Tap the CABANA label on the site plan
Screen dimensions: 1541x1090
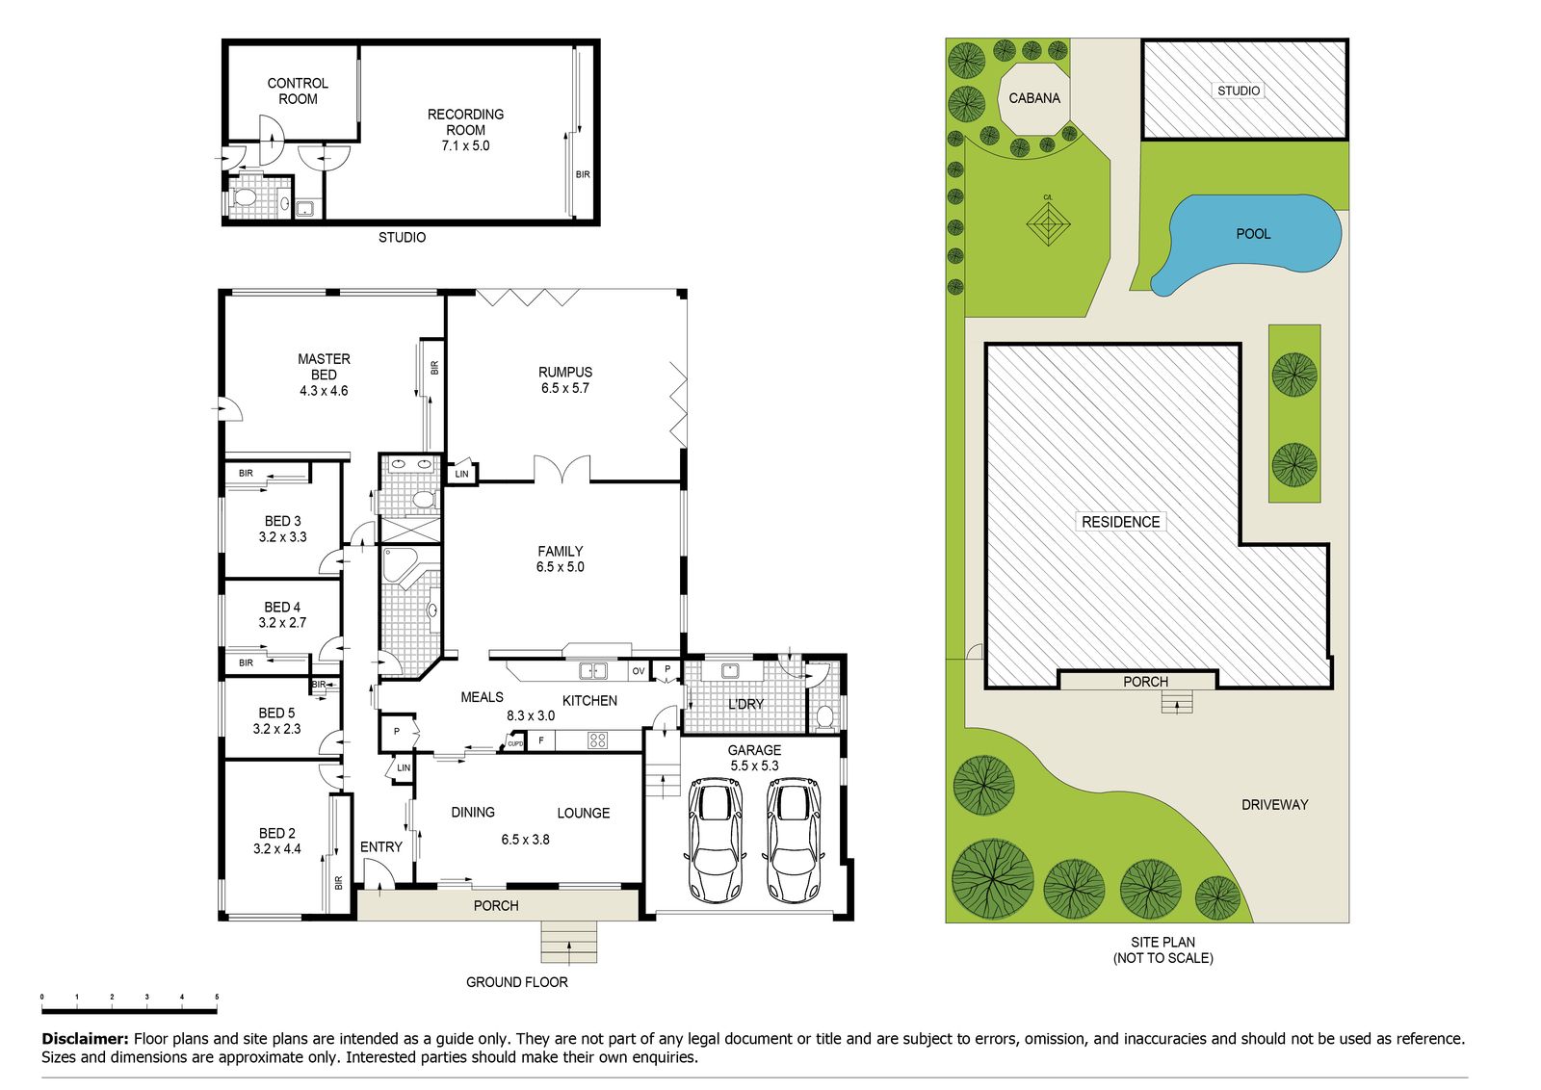pyautogui.click(x=1034, y=98)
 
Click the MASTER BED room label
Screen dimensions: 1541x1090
pyautogui.click(x=324, y=375)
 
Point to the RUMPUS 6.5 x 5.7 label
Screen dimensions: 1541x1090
pyautogui.click(x=564, y=379)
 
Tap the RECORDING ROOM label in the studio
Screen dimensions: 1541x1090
pyautogui.click(x=466, y=129)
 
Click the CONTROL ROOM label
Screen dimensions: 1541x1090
pyautogui.click(x=298, y=91)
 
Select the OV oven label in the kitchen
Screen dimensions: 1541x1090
pyautogui.click(x=639, y=670)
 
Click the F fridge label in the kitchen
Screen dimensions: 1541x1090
pyautogui.click(x=541, y=740)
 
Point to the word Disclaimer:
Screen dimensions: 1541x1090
pyautogui.click(x=86, y=1038)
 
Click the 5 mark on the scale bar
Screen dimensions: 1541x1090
pyautogui.click(x=217, y=997)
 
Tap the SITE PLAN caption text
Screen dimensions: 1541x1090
pyautogui.click(x=1162, y=949)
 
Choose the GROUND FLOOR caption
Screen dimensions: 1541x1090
pyautogui.click(x=517, y=982)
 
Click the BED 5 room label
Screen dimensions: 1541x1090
pyautogui.click(x=276, y=720)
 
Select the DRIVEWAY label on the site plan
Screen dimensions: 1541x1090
pyautogui.click(x=1275, y=805)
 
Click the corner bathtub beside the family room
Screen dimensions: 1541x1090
pyautogui.click(x=397, y=564)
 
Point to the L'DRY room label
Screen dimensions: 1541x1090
pyautogui.click(x=745, y=704)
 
